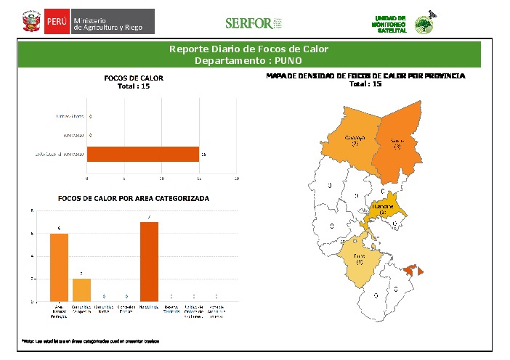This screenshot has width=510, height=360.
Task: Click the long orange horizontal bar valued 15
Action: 143,154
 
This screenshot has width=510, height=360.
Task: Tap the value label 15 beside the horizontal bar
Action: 203,155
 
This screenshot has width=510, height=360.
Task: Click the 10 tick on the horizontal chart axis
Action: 162,178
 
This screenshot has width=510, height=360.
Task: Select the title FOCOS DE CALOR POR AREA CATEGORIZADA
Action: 133,198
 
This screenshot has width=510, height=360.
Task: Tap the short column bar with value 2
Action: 82,289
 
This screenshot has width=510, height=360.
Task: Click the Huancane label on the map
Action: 384,208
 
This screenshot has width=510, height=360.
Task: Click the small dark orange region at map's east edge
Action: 412,270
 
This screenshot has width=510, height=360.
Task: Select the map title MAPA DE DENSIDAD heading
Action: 365,75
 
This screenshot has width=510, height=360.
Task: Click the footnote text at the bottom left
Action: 91,340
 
